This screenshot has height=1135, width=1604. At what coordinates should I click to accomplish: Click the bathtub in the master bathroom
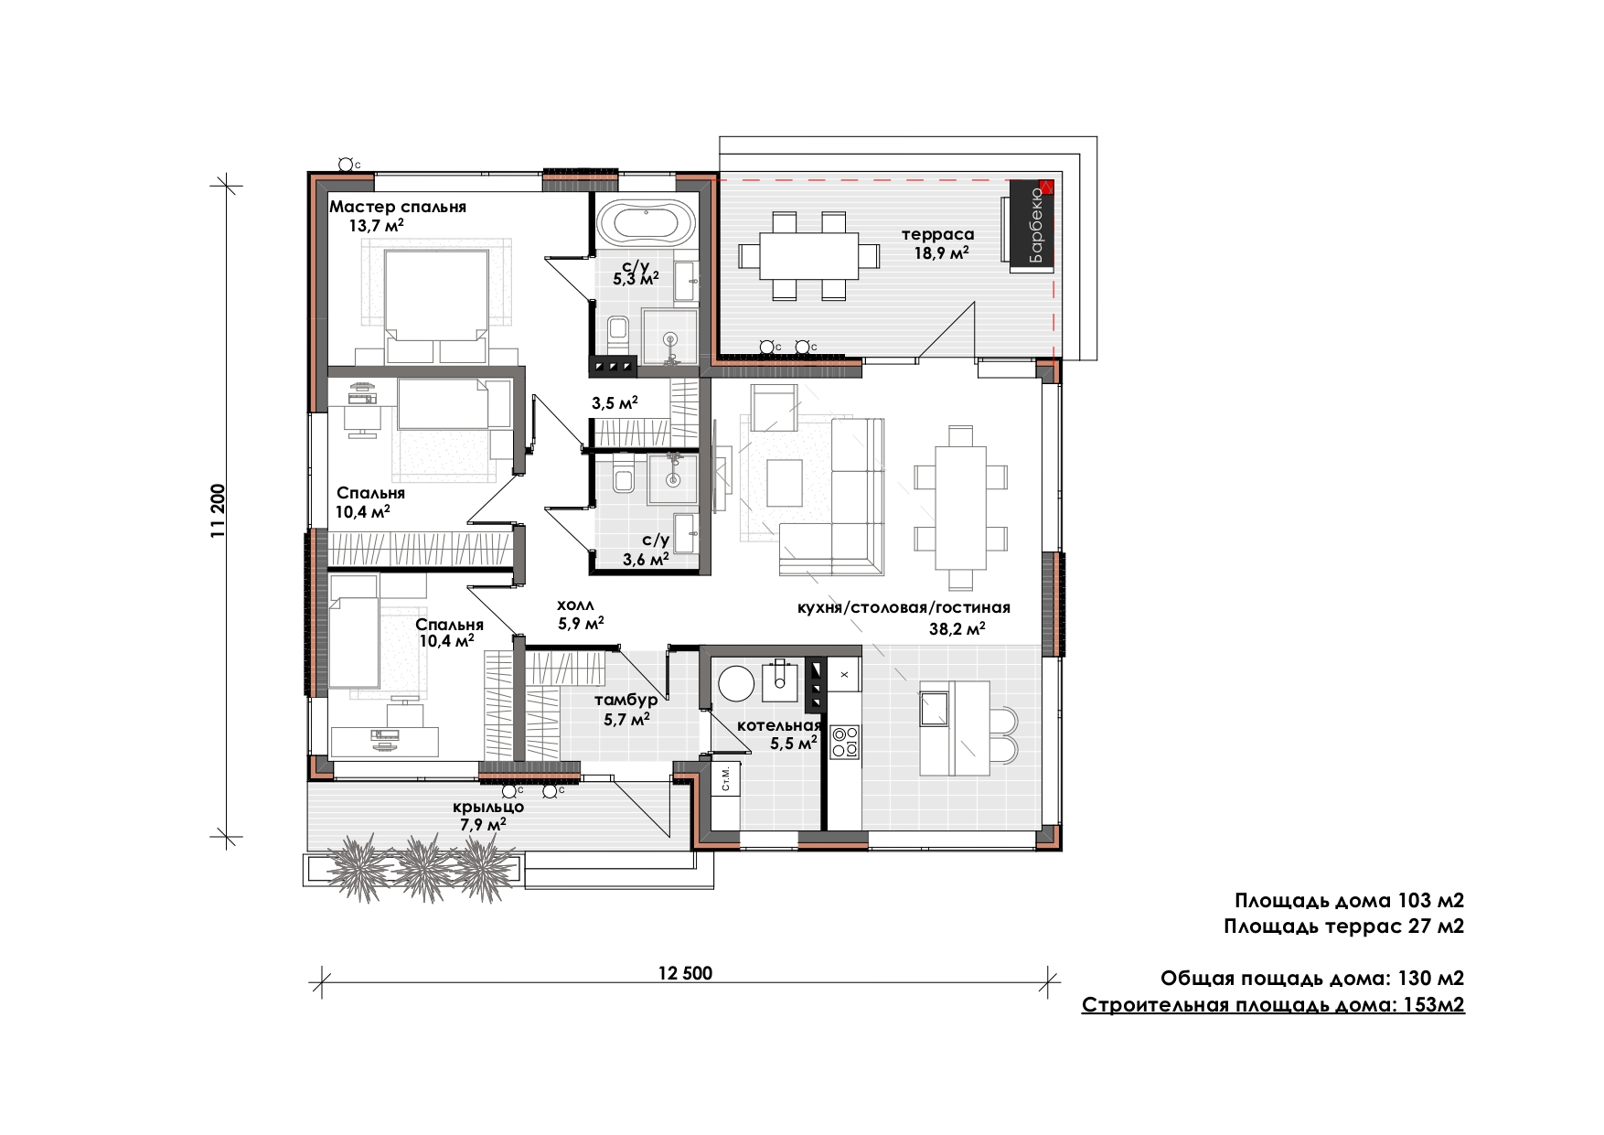[x=647, y=222]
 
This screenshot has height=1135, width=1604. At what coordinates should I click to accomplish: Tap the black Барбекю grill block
[x=1032, y=226]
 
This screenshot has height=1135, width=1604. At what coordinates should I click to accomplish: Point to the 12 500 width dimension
[x=685, y=973]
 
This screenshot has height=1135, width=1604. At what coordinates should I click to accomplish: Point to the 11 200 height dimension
[x=219, y=510]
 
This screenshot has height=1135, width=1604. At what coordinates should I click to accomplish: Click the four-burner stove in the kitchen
[x=844, y=742]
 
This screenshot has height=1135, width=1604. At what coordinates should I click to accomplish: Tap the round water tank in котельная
[x=736, y=682]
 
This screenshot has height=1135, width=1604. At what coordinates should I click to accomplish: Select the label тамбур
[x=626, y=701]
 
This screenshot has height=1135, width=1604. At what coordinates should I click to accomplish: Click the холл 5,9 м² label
[x=580, y=615]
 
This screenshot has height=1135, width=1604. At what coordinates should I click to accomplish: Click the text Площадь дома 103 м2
[x=1349, y=901]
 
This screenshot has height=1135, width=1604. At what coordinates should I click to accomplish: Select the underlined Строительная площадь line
[x=1273, y=1005]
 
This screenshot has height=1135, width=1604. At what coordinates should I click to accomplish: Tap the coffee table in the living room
[x=785, y=483]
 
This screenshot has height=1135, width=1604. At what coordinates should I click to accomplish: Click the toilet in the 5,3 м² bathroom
[x=617, y=332]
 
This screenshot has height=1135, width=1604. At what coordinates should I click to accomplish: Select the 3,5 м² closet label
[x=615, y=402]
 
